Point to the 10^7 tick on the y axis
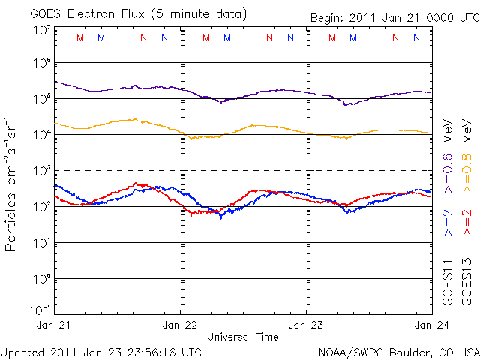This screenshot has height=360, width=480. click(40, 30)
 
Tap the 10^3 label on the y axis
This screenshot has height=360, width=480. click(40, 171)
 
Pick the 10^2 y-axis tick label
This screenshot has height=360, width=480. click(40, 207)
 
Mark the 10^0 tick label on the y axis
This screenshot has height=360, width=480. click(40, 279)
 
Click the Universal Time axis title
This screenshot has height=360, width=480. click(243, 337)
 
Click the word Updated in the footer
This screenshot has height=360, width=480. click(22, 351)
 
